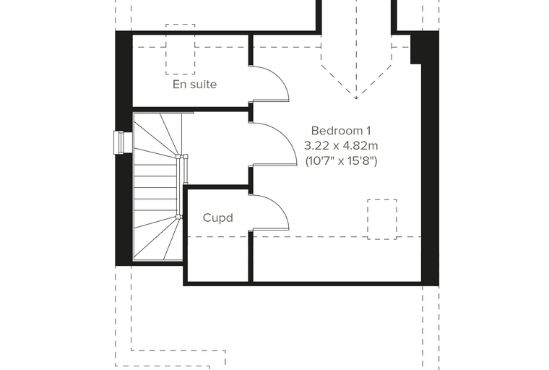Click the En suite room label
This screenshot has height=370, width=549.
194,85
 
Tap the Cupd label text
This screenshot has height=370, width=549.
217,218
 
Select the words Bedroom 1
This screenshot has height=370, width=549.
341,131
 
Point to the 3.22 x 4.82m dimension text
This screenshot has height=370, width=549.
341,145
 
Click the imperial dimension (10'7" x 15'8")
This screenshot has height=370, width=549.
342,161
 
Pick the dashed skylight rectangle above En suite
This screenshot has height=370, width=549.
181,25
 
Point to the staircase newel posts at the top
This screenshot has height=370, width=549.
182,157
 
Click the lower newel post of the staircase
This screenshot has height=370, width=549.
178,217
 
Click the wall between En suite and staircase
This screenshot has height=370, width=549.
191,109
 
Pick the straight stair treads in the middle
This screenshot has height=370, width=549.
156,187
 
